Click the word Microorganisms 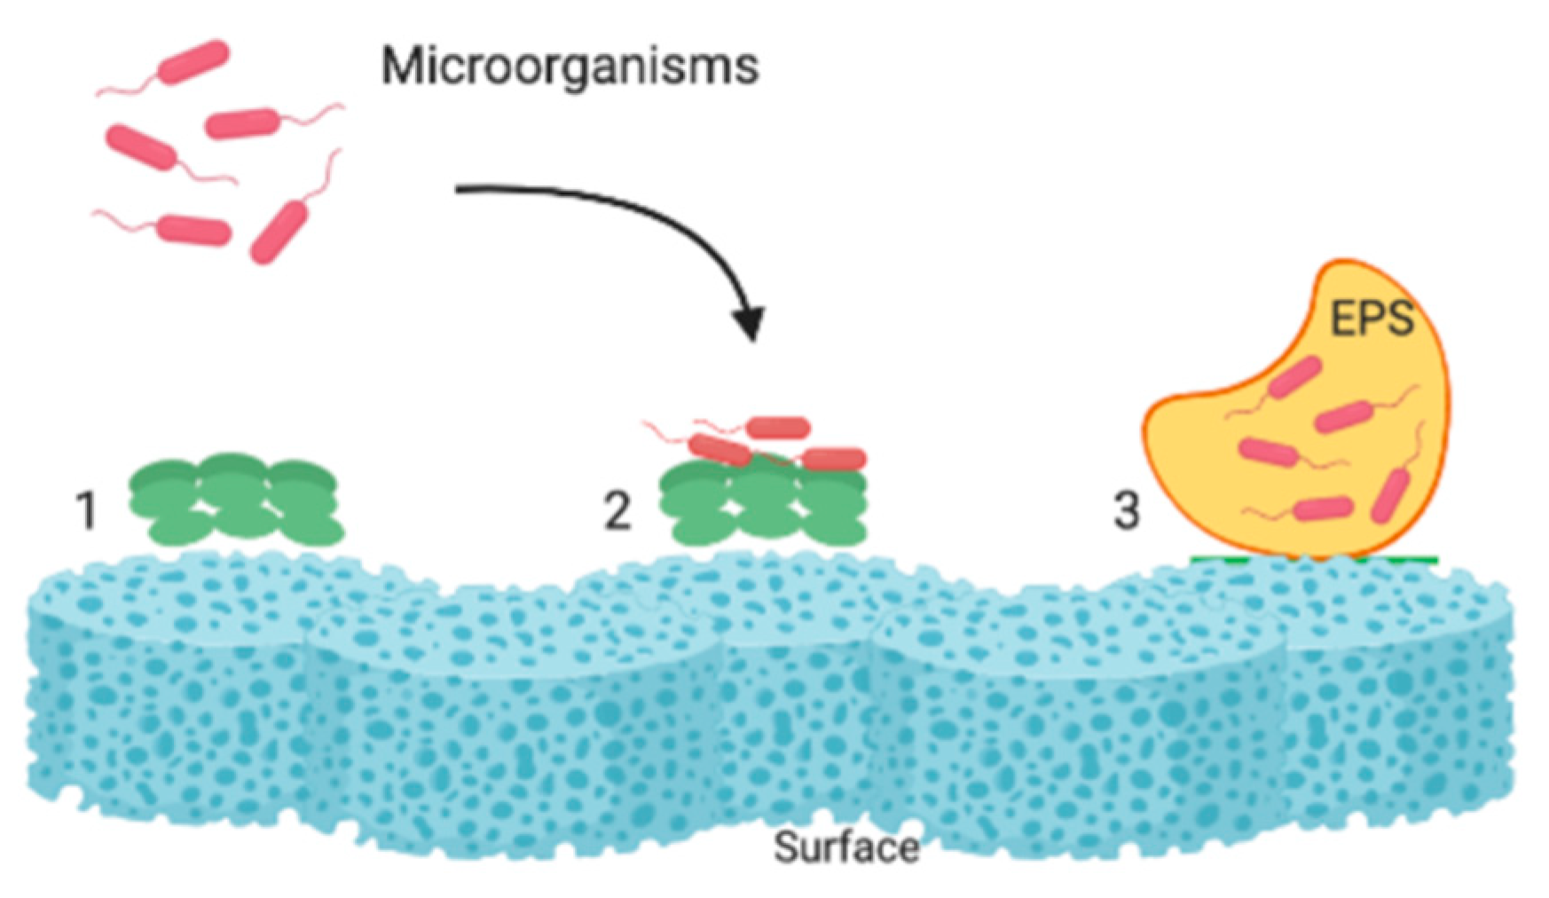[x=570, y=66]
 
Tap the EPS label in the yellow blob [x=1371, y=318]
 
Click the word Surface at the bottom [x=845, y=847]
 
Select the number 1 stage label [x=86, y=511]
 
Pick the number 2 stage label [x=617, y=511]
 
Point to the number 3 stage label [x=1126, y=511]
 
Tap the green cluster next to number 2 [x=763, y=506]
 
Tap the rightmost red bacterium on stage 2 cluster [x=834, y=459]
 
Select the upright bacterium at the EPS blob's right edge [x=1390, y=496]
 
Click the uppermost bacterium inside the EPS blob [x=1294, y=376]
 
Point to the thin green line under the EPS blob [x=1313, y=559]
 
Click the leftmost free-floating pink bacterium [x=140, y=147]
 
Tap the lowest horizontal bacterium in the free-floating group [x=194, y=230]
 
